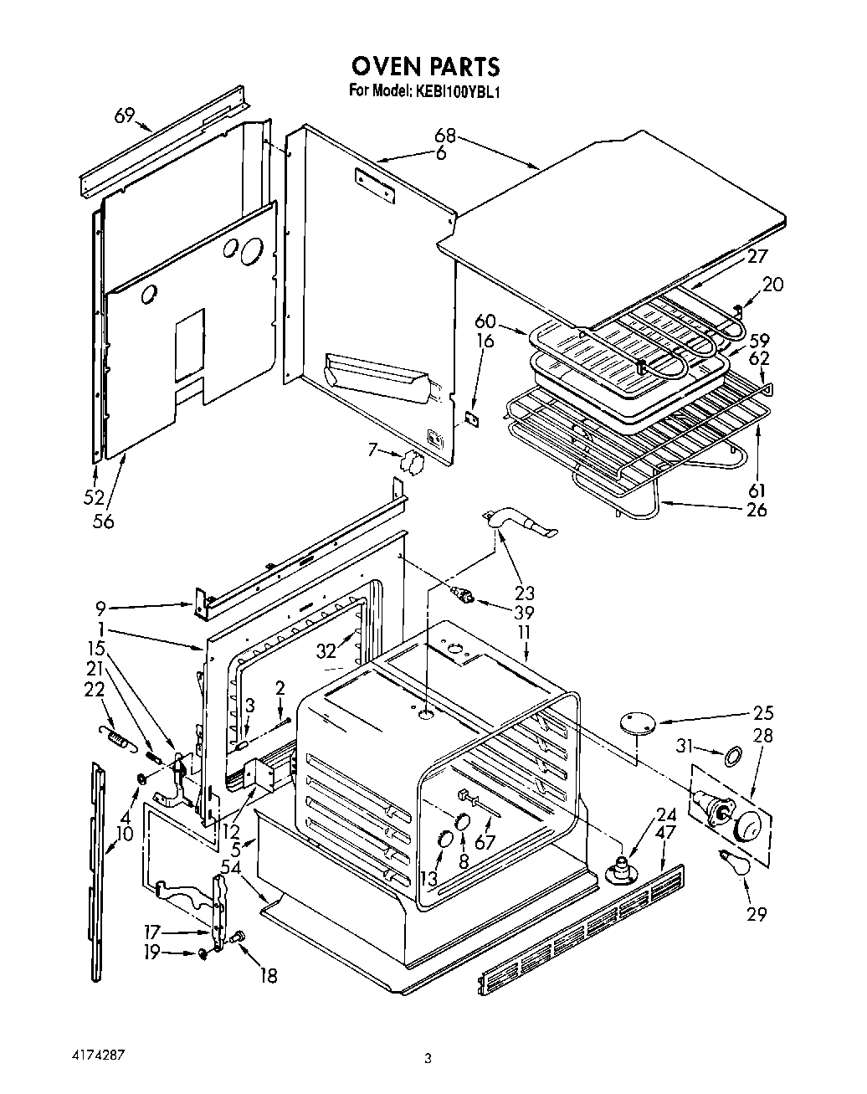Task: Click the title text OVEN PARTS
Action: (x=425, y=65)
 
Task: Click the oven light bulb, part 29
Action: (x=731, y=863)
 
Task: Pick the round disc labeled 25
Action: (x=637, y=723)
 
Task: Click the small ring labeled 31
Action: (x=731, y=757)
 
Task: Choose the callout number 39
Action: (x=525, y=612)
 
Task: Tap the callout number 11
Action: (x=524, y=633)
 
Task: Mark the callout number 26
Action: (x=756, y=508)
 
